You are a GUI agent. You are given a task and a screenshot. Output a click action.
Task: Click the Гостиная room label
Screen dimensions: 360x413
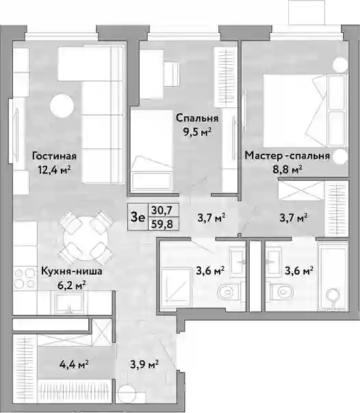pos(54,156)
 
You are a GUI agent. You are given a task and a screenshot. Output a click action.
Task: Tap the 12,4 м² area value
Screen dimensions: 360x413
pos(54,170)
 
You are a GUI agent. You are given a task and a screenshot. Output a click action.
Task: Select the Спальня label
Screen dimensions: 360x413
pos(197,118)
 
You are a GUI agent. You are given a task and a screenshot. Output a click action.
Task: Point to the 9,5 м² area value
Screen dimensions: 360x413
pos(198,132)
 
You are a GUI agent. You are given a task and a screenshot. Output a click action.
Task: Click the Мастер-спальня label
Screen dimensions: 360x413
pos(287,155)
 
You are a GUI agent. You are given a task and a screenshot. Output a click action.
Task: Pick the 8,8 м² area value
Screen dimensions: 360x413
pos(287,169)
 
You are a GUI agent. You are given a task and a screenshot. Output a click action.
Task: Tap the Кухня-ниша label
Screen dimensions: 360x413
pos(72,271)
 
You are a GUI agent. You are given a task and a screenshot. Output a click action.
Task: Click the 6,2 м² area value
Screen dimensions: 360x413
pos(72,285)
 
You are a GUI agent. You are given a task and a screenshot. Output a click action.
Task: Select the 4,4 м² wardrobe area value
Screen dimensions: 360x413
pos(74,365)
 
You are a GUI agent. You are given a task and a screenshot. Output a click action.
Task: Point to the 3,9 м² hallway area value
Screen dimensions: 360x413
pos(144,365)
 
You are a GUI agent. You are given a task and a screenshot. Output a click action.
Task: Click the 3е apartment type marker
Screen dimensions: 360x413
pos(138,217)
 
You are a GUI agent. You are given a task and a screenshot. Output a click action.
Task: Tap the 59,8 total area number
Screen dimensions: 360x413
pos(162,224)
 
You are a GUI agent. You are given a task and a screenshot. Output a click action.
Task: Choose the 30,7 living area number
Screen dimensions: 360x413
pos(162,210)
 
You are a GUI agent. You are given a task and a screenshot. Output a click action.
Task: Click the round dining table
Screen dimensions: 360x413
pos(86,238)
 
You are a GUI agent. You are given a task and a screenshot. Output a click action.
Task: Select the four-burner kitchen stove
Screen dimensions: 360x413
pos(25,278)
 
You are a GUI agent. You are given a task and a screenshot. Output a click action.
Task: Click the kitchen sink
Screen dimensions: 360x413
pos(69,303)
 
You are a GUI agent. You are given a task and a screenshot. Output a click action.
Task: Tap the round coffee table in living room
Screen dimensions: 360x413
pos(62,106)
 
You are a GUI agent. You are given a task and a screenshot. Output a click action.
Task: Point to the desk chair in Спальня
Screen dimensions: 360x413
pos(172,74)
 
